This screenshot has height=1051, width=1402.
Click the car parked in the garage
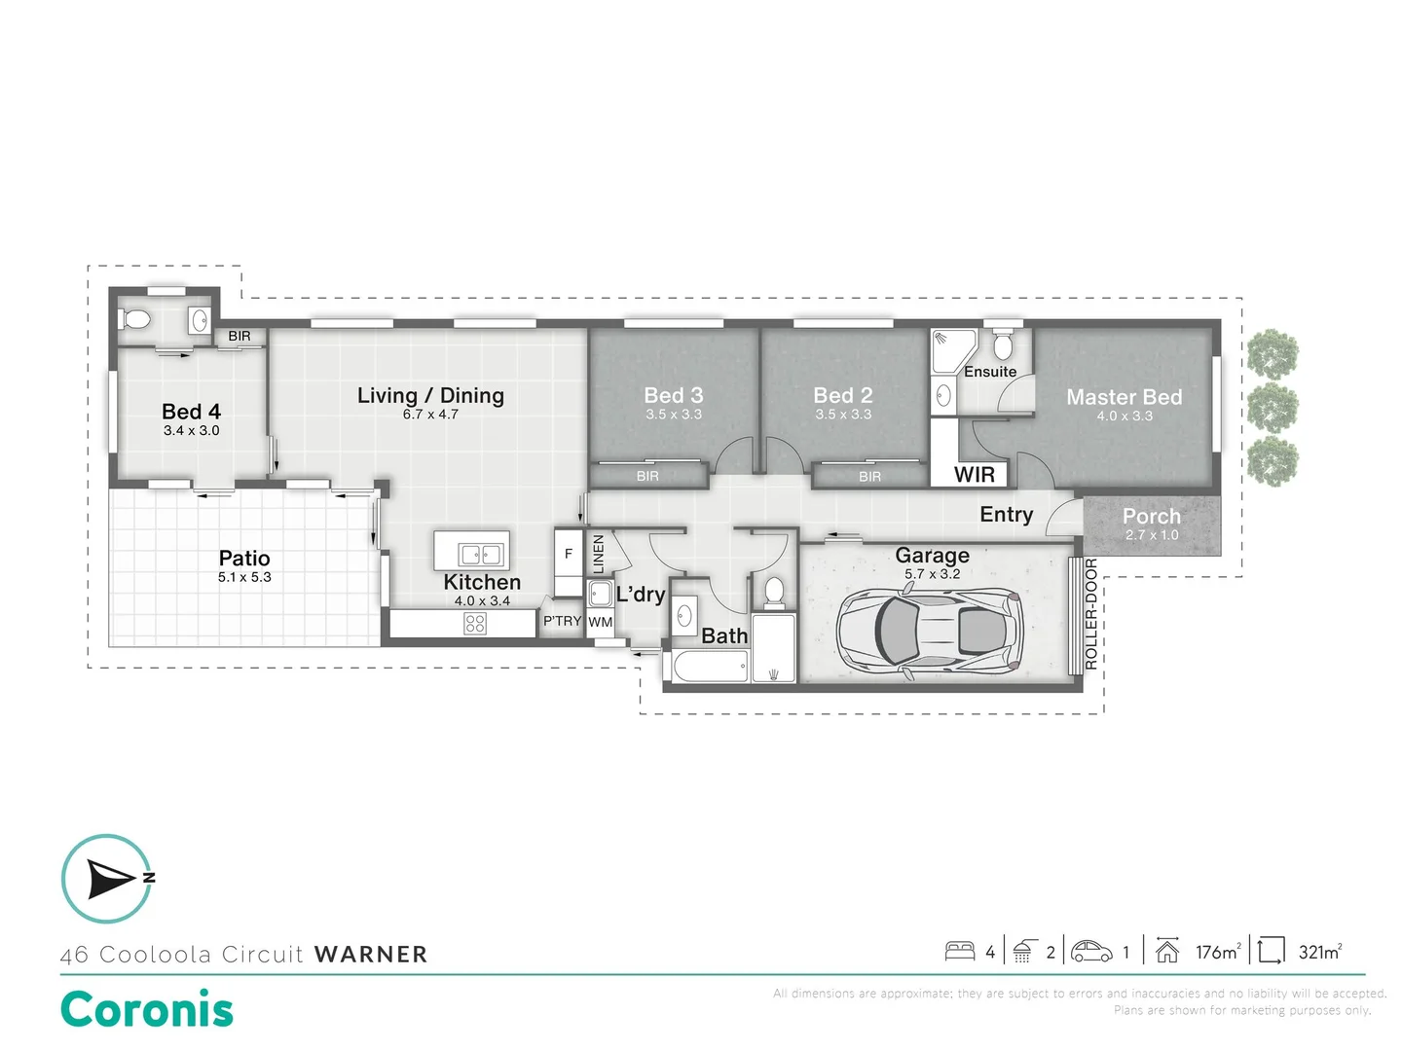coord(929,632)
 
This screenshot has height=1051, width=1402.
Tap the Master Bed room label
coord(1124,397)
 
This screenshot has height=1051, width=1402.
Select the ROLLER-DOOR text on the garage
coord(1090,614)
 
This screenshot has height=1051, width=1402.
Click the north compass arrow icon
coord(110,879)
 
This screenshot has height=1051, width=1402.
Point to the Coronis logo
coord(147,1009)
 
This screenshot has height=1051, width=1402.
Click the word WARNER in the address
coord(371,955)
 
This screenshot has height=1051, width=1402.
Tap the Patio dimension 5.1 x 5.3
coord(244,577)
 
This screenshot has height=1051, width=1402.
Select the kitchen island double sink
coord(481,555)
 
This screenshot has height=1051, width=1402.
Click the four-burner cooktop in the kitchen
coord(475,624)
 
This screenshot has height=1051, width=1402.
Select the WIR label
coord(974,474)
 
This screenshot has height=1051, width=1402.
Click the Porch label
coord(1151,516)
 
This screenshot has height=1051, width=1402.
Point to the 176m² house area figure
coord(1218,952)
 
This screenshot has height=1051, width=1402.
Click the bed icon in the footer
coord(960,951)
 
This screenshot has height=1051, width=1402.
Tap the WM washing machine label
coord(601,622)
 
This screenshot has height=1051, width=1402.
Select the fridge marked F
coord(569,555)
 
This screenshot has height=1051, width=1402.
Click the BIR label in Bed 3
coord(647,476)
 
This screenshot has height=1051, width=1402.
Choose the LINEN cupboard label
coord(599,554)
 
